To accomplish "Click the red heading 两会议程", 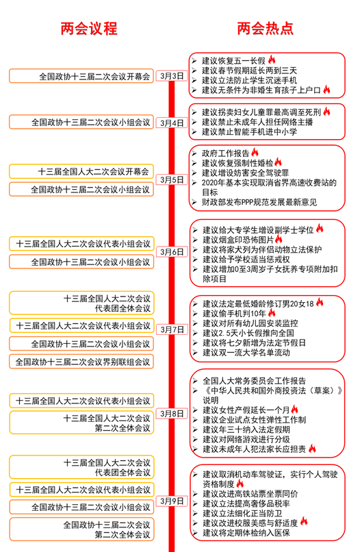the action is (89, 29).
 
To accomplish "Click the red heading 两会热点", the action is (266, 29).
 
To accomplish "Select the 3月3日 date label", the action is (172, 76).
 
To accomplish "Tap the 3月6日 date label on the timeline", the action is (172, 252).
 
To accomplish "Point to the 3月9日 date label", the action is (172, 501).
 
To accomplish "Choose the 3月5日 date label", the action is (172, 180).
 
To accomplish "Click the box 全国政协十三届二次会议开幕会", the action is (81, 76).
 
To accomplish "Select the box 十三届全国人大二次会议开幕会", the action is (81, 171).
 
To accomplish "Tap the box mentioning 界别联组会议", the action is (81, 362).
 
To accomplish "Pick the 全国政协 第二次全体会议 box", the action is (81, 529).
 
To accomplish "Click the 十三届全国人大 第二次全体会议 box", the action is (81, 423).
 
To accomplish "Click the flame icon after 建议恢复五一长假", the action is (272, 60).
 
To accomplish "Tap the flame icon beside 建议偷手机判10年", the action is (272, 312).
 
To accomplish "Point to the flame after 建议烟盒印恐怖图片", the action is (279, 239).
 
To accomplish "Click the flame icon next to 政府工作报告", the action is (255, 152).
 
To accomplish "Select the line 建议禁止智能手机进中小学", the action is (249, 132).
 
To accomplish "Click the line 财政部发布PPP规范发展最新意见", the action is (259, 202).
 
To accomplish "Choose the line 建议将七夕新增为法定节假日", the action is (254, 342).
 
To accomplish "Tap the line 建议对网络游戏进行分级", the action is (246, 440).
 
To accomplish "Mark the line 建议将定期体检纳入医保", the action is (246, 533).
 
